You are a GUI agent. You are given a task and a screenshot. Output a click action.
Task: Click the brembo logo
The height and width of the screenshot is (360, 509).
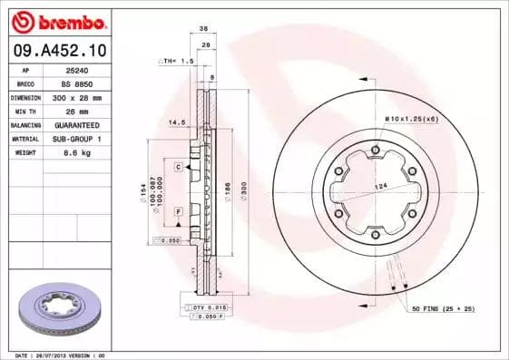[x=58, y=20]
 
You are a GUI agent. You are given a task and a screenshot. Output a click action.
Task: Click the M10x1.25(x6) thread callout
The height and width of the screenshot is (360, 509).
[x=411, y=120]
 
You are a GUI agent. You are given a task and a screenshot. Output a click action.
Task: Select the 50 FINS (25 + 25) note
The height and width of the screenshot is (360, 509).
[x=444, y=310]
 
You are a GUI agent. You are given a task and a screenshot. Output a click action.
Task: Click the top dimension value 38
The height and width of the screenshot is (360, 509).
[x=207, y=28]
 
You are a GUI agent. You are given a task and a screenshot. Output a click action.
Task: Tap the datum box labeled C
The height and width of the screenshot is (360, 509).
[x=180, y=166]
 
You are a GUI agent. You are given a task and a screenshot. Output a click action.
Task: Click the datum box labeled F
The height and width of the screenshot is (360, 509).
[x=180, y=211]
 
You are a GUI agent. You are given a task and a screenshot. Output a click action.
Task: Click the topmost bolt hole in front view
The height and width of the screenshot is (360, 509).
[x=376, y=145]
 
